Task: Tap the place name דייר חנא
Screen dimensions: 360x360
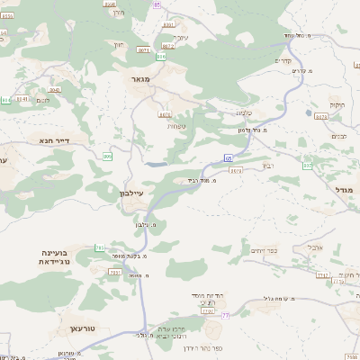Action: pos(56,140)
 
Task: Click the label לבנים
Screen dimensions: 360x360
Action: pos(339,135)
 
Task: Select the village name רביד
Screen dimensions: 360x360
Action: pos(267,165)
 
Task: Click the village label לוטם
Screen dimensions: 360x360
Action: pos(43,100)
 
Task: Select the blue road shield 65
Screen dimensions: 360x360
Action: pos(228,159)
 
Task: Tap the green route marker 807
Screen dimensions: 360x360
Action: pos(307,166)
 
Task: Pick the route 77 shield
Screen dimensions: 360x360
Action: pos(225,315)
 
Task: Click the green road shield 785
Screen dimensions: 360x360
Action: pos(100,247)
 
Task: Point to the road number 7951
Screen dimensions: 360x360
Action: pos(115,271)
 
